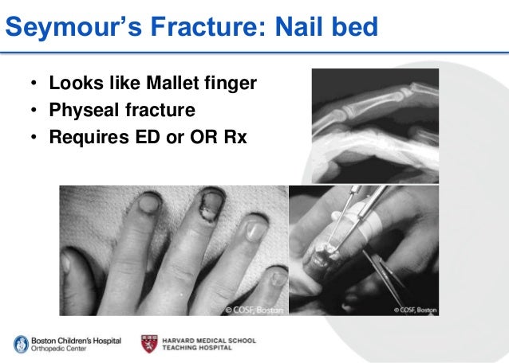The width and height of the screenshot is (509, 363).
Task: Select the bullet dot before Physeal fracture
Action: pyautogui.click(x=34, y=111)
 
